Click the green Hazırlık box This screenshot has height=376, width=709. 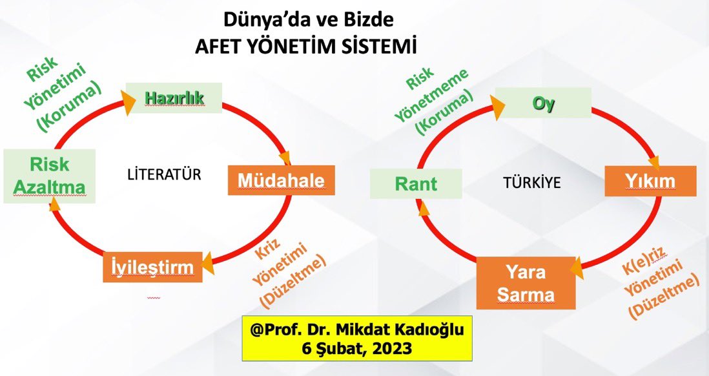[x=174, y=98]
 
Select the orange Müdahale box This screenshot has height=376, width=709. [x=281, y=181]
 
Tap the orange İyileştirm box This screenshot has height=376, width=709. [x=152, y=267]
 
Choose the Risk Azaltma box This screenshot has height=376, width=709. [x=49, y=176]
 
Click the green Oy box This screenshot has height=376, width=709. [x=543, y=103]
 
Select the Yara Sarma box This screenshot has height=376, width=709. [x=526, y=283]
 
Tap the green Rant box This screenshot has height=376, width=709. [x=416, y=184]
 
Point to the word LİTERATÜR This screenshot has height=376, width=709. [x=164, y=174]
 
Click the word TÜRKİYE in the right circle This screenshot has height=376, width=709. [x=531, y=183]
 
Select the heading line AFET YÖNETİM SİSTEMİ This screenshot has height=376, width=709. [x=307, y=47]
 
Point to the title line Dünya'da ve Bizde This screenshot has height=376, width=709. [x=308, y=20]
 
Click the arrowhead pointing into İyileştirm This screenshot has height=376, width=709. [x=207, y=263]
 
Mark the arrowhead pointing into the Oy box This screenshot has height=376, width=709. [x=497, y=104]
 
